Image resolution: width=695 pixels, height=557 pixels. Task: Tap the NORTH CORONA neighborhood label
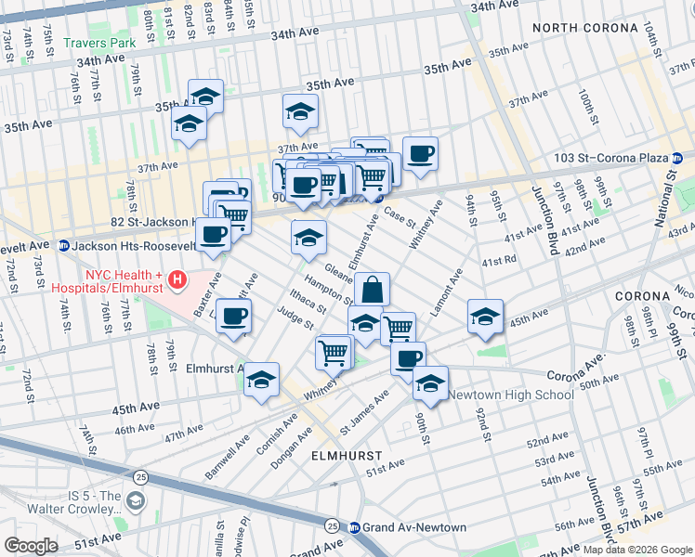[x=583, y=28]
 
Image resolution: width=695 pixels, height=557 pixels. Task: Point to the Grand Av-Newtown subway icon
[x=354, y=527]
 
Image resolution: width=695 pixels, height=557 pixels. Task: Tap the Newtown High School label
[x=511, y=395]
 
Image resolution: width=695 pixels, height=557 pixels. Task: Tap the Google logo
[x=31, y=546]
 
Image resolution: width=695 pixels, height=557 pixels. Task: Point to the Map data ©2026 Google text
[x=638, y=549]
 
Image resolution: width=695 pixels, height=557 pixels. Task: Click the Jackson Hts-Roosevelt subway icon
[x=64, y=246]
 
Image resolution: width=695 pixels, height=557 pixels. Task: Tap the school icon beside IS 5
[x=136, y=502]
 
